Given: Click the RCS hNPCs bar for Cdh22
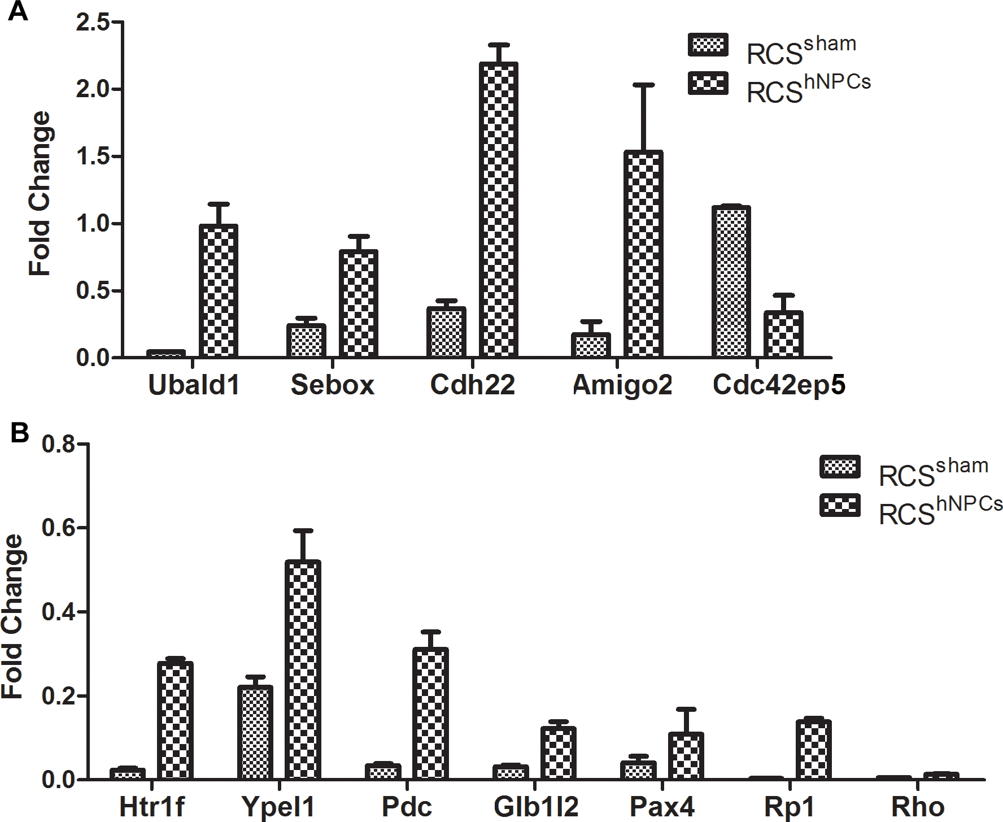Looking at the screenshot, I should point(499,210).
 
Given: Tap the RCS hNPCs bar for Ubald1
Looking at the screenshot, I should point(218,291).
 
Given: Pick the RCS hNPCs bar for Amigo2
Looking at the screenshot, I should point(643,254).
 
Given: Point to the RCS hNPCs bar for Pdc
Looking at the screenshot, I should point(430,714).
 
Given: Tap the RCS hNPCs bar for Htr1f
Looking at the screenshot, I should point(175,721).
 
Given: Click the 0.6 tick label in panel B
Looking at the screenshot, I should point(59,528).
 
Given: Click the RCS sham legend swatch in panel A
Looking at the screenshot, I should point(708,45).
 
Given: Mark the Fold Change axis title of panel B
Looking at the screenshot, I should point(12,616).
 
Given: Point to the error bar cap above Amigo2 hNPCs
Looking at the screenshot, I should point(643,85).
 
